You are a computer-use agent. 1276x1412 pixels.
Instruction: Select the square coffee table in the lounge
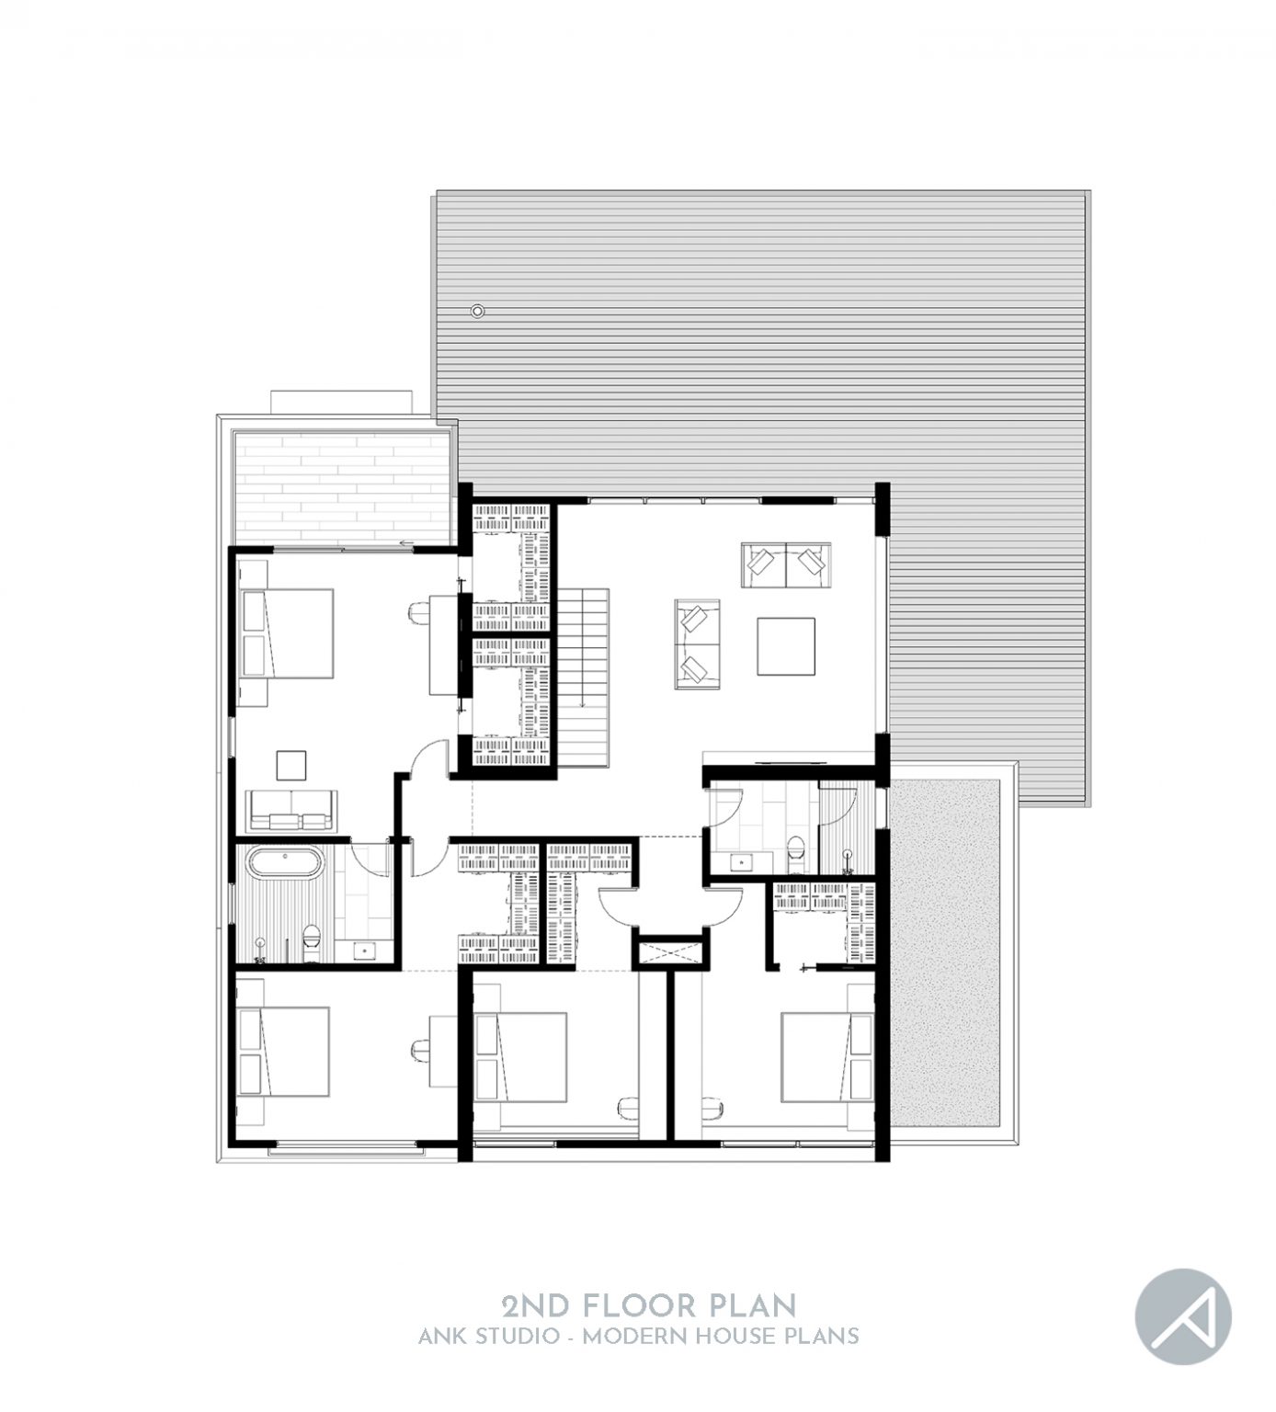[787, 645]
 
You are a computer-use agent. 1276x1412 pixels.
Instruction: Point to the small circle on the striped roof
[476, 311]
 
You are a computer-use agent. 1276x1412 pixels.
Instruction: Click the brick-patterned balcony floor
[341, 487]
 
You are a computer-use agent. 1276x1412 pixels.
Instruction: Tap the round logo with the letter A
[1183, 1315]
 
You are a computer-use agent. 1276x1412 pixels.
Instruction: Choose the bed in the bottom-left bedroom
[282, 1053]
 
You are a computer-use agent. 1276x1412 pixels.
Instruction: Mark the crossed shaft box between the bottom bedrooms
[670, 951]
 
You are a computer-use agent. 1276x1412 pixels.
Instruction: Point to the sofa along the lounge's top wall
[786, 564]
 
